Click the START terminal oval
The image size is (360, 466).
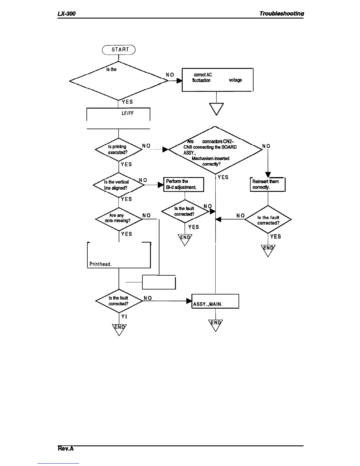[118, 50]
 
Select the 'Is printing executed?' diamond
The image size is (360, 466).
[118, 149]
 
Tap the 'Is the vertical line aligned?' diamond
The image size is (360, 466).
[118, 185]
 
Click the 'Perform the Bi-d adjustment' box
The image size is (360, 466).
[184, 184]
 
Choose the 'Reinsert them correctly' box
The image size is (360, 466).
[268, 184]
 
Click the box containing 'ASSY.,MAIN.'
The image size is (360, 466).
[215, 301]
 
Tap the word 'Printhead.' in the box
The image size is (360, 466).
[100, 264]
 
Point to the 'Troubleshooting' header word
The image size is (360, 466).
[281, 14]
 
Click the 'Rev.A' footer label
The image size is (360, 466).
[65, 449]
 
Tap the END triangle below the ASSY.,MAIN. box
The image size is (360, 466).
[216, 324]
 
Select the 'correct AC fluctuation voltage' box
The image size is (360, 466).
[217, 80]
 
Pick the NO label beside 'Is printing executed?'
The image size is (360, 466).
[146, 146]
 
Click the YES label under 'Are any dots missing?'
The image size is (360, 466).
[126, 234]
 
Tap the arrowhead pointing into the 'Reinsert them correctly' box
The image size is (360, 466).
[268, 174]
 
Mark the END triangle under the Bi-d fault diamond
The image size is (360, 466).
[185, 239]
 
